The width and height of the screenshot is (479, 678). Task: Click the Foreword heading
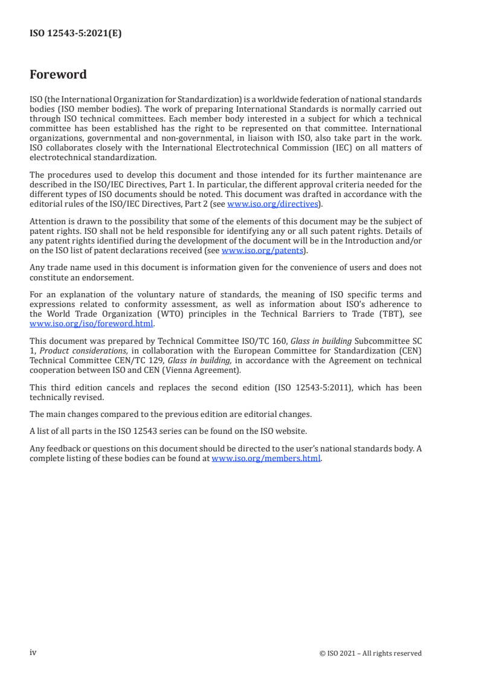point(58,74)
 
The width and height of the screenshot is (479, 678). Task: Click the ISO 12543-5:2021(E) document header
point(76,34)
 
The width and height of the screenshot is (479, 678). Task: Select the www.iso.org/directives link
point(272,204)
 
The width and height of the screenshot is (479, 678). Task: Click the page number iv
point(33,653)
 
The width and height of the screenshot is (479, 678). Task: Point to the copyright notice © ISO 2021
point(370,653)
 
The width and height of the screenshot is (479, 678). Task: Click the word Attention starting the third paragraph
point(48,222)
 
